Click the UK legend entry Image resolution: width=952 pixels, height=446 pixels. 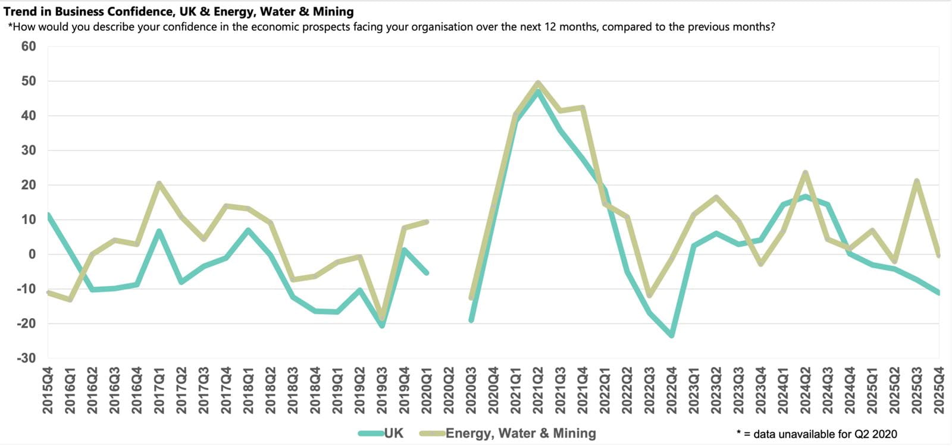(x=393, y=433)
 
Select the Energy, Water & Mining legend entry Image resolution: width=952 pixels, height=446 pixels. (x=520, y=433)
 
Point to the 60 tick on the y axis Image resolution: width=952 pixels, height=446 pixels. (x=29, y=46)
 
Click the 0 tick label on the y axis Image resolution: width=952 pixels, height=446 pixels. (x=32, y=255)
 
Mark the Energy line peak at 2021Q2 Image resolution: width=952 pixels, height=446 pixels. (x=538, y=83)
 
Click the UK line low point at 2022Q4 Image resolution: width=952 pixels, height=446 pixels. (x=672, y=335)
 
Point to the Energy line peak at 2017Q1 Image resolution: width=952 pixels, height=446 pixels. (x=159, y=183)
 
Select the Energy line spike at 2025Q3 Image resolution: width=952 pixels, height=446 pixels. (x=916, y=181)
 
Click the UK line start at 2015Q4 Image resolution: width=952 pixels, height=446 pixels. (x=48, y=215)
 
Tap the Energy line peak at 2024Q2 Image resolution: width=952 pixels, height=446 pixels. (x=805, y=173)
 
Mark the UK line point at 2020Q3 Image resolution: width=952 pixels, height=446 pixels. (x=471, y=320)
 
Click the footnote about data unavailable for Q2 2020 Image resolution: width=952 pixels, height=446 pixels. (x=816, y=434)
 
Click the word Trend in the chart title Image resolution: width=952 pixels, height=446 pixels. (x=19, y=11)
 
